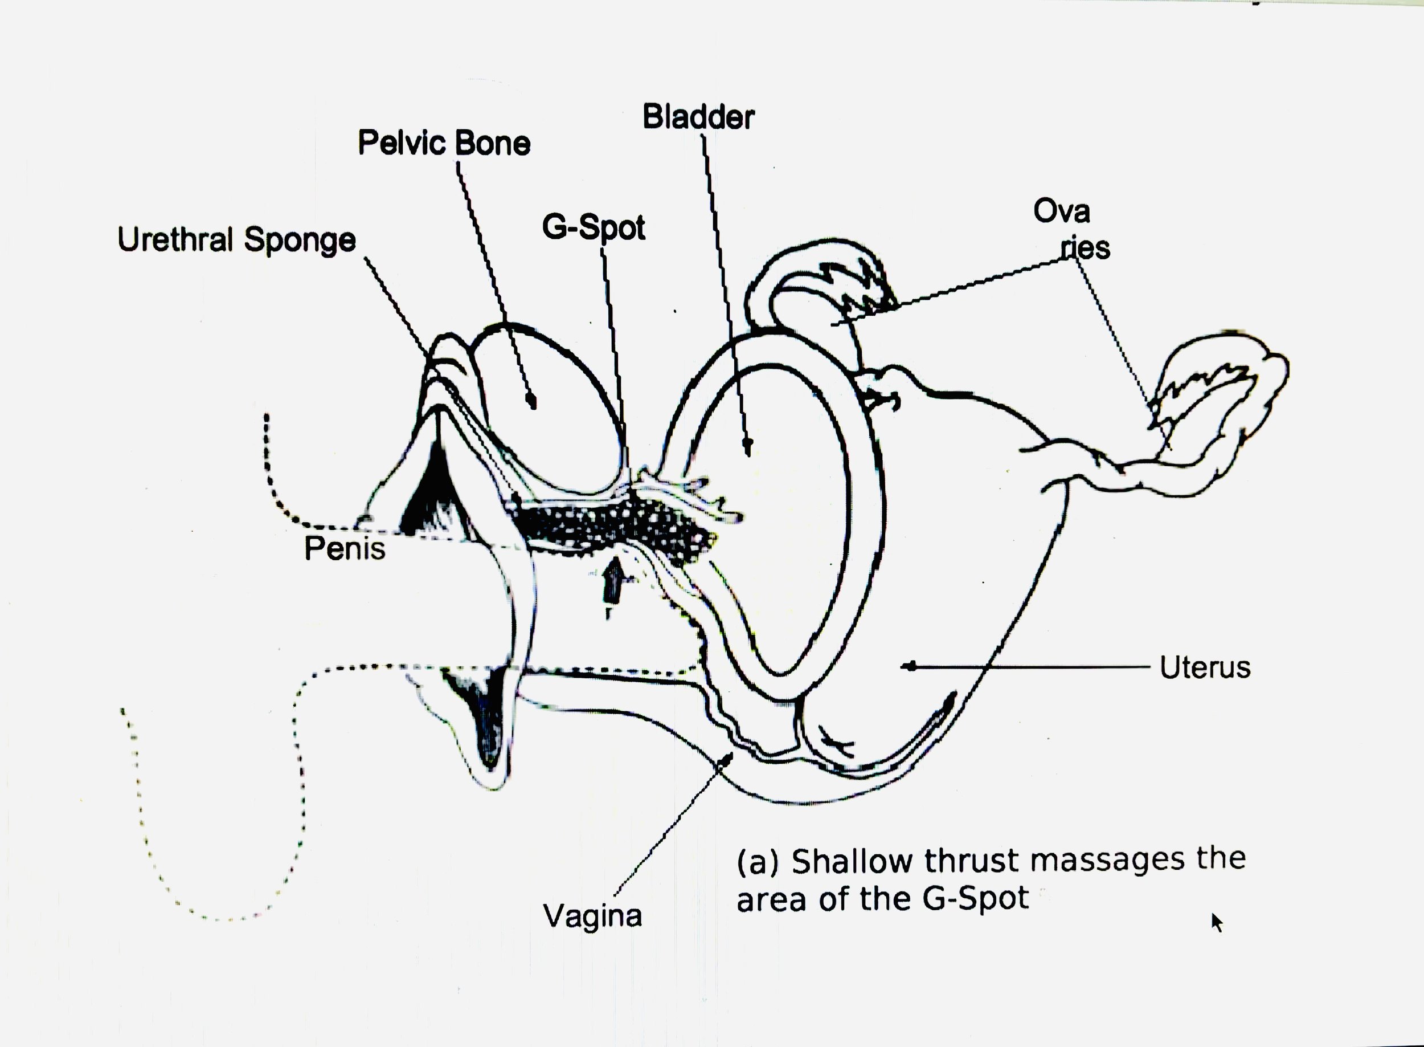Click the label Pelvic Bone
[x=443, y=142]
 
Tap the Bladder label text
[x=698, y=117]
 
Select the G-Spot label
[x=593, y=227]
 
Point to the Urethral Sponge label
[x=236, y=240]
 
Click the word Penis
[x=345, y=549]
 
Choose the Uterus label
[x=1205, y=667]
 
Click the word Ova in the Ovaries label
[x=1062, y=211]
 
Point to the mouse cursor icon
[x=1216, y=922]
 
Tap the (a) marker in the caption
[x=756, y=862]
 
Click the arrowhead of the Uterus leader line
[x=909, y=666]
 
